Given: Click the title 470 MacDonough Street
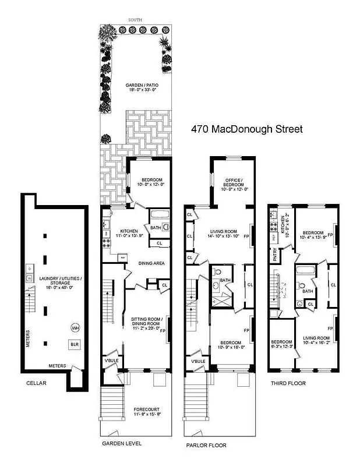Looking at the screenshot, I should pos(247,129).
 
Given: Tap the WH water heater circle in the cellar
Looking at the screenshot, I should pos(75,328).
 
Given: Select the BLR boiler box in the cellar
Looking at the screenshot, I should pos(74,344).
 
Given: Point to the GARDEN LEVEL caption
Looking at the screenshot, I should pos(121,443).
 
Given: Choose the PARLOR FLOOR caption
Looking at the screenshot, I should pos(206,446).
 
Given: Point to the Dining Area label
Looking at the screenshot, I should pos(150,263).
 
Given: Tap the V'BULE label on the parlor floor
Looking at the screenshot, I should pos(197,361).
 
